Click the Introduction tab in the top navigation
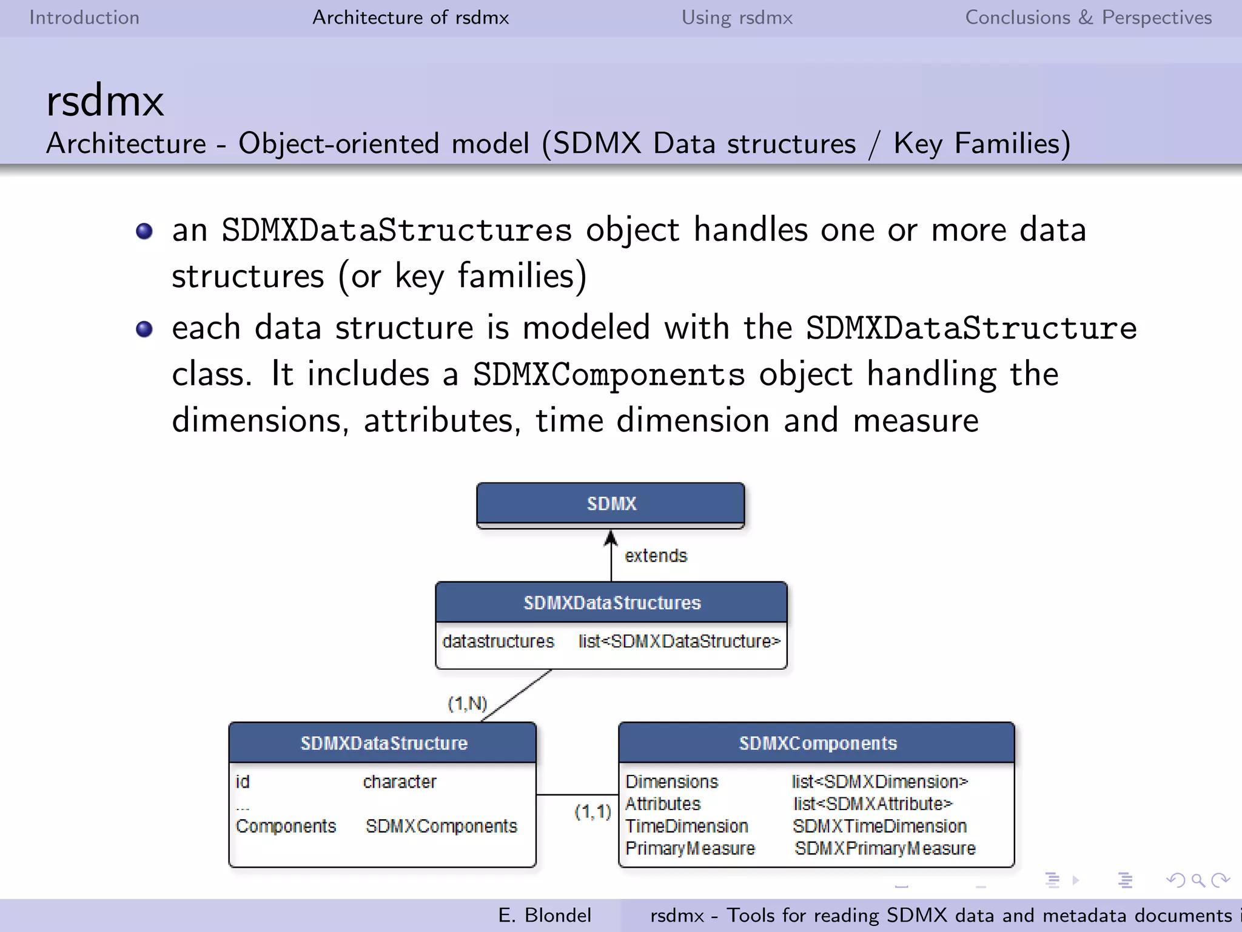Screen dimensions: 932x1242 point(84,18)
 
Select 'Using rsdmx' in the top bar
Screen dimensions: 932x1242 point(737,18)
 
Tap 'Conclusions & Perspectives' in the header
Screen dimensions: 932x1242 point(1088,18)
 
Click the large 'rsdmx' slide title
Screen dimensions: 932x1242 point(105,101)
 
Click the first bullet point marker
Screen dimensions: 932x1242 point(144,231)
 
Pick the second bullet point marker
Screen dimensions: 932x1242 point(144,329)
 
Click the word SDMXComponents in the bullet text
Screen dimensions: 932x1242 point(608,374)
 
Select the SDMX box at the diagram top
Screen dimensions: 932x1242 point(611,504)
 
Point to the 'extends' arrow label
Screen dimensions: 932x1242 point(656,556)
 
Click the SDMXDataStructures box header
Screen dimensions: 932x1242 point(611,603)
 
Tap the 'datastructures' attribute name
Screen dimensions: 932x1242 point(498,641)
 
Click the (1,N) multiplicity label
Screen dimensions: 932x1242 point(467,704)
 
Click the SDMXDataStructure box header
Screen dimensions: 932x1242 point(383,743)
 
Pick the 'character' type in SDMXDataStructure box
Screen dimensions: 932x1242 point(400,782)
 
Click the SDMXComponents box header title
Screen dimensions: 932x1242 point(817,743)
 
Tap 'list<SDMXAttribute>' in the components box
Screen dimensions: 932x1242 point(873,804)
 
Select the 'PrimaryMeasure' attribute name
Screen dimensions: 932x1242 point(690,848)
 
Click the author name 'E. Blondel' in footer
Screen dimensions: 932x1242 point(544,915)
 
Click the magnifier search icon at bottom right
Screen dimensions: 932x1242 point(1197,880)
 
